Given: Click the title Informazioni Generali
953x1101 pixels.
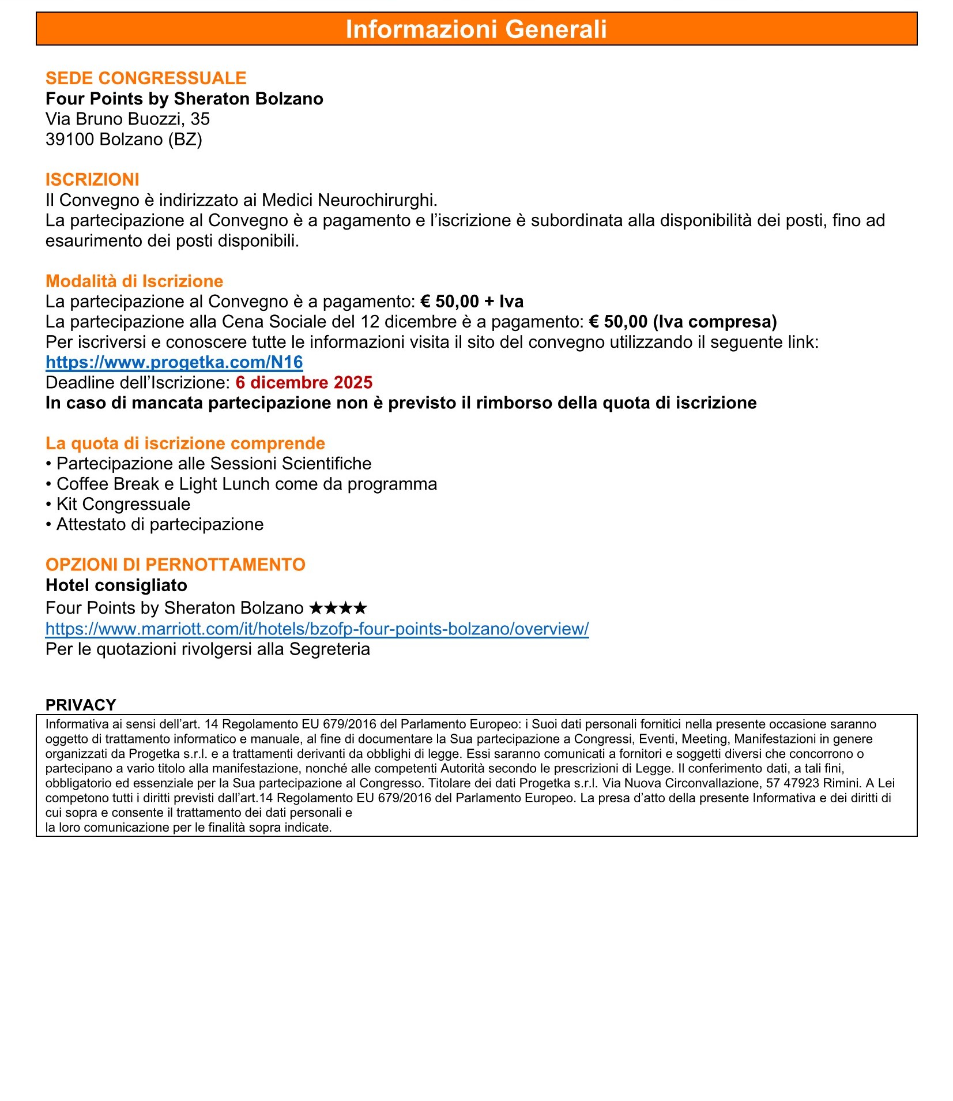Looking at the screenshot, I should [x=476, y=29].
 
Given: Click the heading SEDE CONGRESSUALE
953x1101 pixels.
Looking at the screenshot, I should [x=146, y=78].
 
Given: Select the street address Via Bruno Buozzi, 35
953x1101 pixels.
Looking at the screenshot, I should [x=127, y=119].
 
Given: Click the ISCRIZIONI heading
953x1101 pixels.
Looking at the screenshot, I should [x=92, y=179].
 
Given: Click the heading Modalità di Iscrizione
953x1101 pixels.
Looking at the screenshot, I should [x=134, y=281].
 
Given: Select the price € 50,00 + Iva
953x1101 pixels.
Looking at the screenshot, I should [x=472, y=301].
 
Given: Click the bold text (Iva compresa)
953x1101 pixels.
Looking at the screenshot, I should [x=715, y=321].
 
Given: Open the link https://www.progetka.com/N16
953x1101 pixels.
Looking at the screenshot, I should [x=174, y=362].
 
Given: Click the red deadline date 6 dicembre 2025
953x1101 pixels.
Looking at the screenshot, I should [x=304, y=382].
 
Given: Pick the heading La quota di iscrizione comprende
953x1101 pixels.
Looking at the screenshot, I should [x=185, y=443].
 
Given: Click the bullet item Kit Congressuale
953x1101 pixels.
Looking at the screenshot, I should [x=123, y=504].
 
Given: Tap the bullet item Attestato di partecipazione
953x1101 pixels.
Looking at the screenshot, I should [x=160, y=524].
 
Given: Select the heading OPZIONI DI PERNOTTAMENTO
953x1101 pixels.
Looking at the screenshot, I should [x=175, y=564].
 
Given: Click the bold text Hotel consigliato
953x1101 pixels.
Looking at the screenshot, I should [x=116, y=585].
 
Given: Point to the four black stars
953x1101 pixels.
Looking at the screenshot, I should [x=338, y=608].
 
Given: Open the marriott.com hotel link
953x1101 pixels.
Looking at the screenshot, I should [x=317, y=629].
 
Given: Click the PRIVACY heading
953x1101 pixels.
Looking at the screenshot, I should [x=81, y=705].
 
